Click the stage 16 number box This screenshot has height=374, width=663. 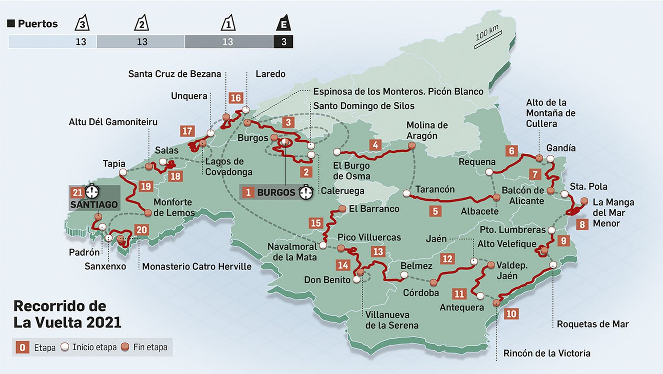[235, 98]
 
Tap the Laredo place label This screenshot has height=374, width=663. [270, 74]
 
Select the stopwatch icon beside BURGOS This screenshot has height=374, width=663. [306, 192]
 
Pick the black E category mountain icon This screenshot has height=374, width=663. [283, 23]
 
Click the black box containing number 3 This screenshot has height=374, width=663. [283, 42]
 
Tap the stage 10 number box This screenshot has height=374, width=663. [511, 314]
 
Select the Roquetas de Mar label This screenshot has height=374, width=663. [593, 324]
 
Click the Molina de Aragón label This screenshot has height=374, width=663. [427, 130]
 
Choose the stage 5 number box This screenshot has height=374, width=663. [435, 211]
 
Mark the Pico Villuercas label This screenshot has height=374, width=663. [369, 237]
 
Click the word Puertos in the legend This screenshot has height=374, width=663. [37, 24]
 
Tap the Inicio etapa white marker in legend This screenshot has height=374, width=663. [65, 347]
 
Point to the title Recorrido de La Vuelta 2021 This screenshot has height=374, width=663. [67, 314]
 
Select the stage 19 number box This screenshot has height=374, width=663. [145, 186]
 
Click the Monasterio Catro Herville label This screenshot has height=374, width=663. [197, 266]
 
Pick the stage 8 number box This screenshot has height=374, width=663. [582, 225]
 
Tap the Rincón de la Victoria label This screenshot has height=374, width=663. [547, 353]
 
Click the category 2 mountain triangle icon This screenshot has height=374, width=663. [141, 23]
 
